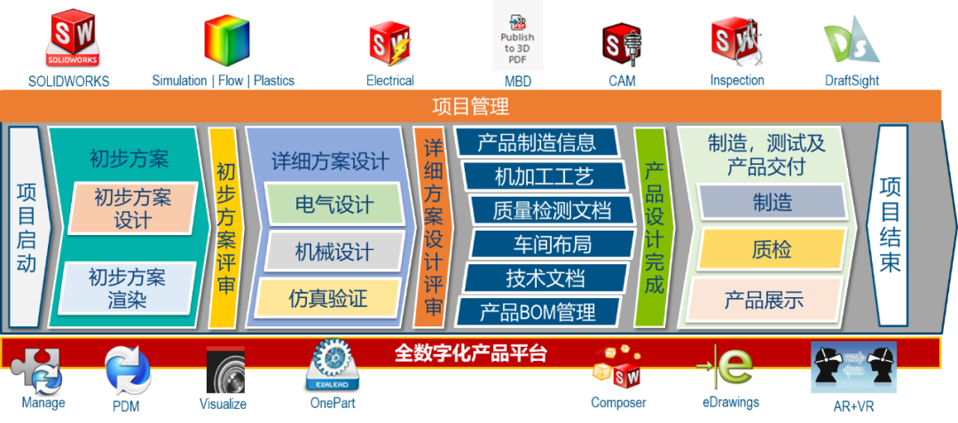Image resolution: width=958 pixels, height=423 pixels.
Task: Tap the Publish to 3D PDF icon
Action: [517, 36]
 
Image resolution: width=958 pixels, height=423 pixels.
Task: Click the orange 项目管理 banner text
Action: [470, 107]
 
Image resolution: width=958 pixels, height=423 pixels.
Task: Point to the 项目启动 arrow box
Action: [27, 227]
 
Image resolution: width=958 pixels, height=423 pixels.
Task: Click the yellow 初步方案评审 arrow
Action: [225, 227]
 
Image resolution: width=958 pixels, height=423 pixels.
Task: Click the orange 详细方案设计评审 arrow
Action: [433, 227]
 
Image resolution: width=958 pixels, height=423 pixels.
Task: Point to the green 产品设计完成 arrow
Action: [655, 227]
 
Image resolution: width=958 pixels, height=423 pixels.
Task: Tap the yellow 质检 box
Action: [771, 249]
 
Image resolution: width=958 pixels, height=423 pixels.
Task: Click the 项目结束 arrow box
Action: [891, 225]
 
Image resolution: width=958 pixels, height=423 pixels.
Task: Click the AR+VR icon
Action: [853, 367]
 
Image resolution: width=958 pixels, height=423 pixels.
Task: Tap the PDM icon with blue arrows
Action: [128, 371]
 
